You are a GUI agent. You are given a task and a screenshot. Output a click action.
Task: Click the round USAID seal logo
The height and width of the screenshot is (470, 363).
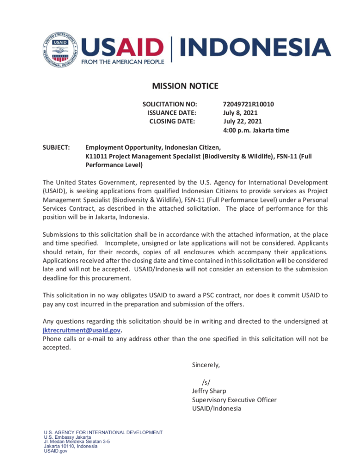(61, 50)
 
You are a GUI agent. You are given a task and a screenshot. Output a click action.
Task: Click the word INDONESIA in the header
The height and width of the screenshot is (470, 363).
(255, 48)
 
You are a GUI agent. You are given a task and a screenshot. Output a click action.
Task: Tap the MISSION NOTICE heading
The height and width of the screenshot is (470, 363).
(185, 86)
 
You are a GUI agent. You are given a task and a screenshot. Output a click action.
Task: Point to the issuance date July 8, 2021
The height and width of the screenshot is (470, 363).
(240, 113)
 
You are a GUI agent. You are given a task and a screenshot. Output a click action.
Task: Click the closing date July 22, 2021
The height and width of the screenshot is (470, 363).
(242, 121)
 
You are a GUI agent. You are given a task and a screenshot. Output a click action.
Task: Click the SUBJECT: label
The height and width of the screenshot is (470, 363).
(56, 147)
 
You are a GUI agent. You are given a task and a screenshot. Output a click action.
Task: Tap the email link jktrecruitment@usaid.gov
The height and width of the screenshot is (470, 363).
(82, 330)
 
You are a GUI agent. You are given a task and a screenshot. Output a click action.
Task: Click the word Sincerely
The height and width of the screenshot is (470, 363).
(206, 365)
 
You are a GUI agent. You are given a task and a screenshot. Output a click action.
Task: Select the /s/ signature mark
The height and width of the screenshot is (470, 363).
(206, 382)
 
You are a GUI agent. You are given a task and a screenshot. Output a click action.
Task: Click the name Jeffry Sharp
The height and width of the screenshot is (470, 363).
(209, 391)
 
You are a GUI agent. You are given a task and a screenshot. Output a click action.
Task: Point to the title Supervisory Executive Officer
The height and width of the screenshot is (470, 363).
(234, 400)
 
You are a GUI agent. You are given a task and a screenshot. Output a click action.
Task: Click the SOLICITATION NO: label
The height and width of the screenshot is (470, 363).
(170, 104)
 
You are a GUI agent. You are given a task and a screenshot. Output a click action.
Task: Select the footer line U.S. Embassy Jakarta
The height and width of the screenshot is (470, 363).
(67, 437)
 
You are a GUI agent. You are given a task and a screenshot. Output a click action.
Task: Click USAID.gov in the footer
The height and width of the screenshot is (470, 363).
(56, 451)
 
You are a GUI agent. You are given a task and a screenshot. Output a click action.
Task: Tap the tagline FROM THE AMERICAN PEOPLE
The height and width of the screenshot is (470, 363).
(123, 62)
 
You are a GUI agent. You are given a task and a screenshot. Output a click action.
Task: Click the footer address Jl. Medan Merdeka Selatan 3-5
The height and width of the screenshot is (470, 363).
(77, 442)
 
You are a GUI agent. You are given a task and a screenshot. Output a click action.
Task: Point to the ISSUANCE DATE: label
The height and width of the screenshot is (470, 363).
(172, 113)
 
